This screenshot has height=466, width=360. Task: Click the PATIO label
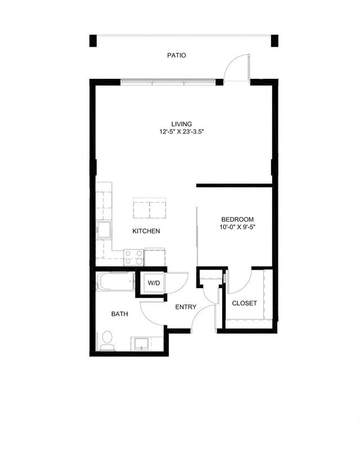[176, 56]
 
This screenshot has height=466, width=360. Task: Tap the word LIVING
[182, 124]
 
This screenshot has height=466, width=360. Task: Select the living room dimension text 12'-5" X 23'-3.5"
[182, 132]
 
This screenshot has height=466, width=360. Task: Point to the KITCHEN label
[146, 231]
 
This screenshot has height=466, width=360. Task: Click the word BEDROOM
[237, 219]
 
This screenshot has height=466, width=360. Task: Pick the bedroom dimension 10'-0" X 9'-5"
[237, 227]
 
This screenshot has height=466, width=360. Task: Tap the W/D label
[154, 283]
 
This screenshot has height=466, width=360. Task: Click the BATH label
[119, 314]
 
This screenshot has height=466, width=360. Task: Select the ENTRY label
[186, 307]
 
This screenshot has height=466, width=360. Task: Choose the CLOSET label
[244, 303]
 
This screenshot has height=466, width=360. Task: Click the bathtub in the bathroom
[115, 281]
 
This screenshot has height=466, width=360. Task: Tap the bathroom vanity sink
[141, 343]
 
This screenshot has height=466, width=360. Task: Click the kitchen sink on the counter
[103, 230]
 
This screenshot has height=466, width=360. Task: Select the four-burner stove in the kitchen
[134, 257]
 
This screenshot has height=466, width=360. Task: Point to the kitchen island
[150, 208]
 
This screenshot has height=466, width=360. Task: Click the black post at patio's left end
[93, 41]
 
